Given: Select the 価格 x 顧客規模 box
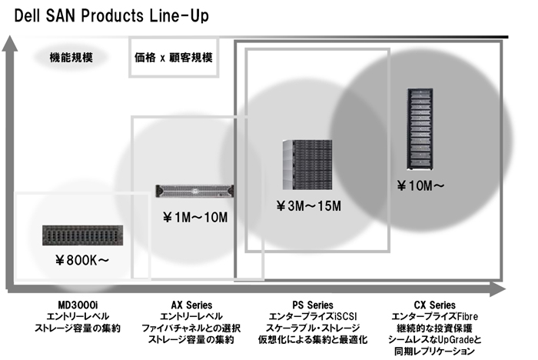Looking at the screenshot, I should tap(173, 57).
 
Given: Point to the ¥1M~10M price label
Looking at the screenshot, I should tap(195, 218).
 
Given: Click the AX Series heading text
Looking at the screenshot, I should tap(191, 305).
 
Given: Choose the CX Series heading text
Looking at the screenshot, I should tap(433, 305).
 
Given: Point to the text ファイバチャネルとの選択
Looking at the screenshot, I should tap(191, 328).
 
